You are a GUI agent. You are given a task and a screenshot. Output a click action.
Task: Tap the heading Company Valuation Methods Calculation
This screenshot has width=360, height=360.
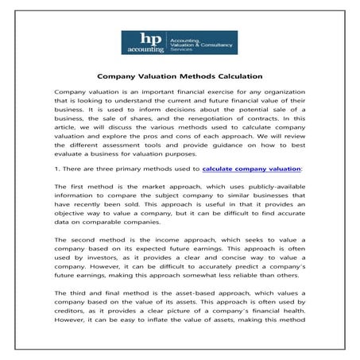click(x=180, y=77)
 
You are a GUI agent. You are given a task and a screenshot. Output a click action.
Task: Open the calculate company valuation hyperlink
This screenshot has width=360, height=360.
click(x=252, y=168)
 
